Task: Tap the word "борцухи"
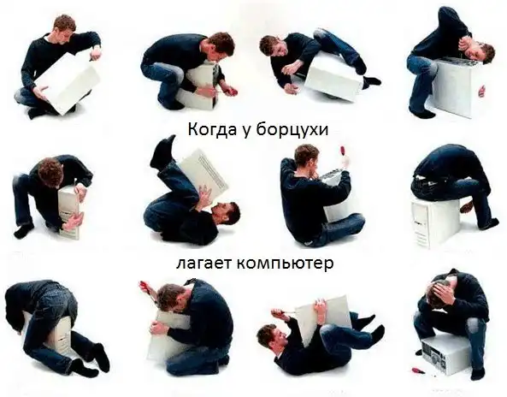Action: coord(292,130)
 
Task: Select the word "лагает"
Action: coord(203,263)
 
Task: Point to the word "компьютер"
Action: coord(285,264)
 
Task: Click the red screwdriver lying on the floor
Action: coord(416,370)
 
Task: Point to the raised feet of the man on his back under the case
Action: coord(162,151)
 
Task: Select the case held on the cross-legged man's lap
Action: coord(68,83)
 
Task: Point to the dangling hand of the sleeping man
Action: coord(481,92)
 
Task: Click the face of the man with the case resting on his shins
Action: coord(227,214)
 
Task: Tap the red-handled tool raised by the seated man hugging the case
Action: coord(342,155)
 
